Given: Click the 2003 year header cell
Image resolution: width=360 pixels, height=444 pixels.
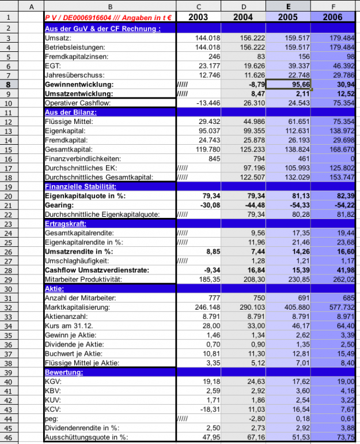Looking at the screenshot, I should (198, 17).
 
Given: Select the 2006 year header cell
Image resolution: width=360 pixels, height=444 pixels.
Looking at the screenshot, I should (332, 17).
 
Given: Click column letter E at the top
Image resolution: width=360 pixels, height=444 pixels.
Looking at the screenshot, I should (288, 6).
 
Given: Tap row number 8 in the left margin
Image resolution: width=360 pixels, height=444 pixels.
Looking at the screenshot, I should (9, 84).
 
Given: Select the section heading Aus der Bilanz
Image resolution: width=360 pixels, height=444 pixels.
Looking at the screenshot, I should (71, 112).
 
